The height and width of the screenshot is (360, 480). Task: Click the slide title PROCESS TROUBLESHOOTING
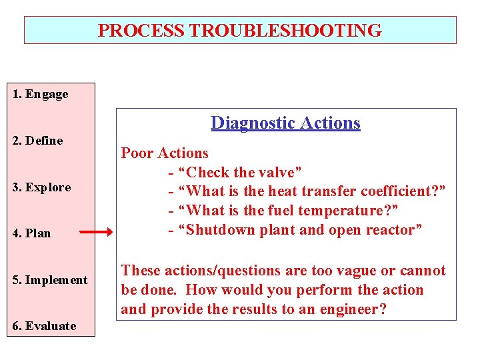tap(240, 31)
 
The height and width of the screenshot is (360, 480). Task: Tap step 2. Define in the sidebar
tap(38, 141)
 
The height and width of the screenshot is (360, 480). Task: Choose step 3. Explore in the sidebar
tap(41, 187)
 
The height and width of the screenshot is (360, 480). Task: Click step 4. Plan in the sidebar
tap(32, 233)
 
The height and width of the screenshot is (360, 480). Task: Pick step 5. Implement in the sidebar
tap(50, 280)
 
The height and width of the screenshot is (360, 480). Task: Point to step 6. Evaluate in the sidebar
tap(44, 326)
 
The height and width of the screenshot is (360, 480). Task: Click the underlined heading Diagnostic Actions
tap(285, 123)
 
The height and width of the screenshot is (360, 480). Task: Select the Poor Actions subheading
tap(165, 153)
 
